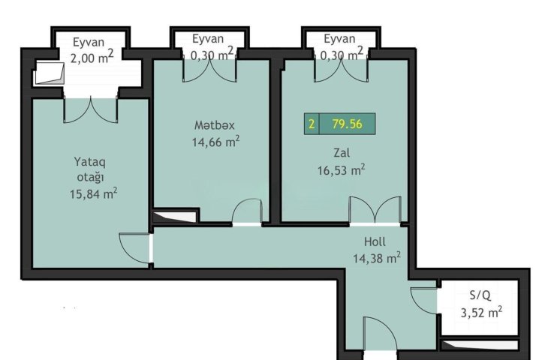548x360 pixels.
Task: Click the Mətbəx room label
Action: [214, 125]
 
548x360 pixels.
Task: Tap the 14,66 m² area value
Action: [215, 142]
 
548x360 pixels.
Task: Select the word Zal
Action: [342, 152]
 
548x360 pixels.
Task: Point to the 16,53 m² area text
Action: [342, 170]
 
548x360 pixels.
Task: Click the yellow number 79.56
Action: [347, 124]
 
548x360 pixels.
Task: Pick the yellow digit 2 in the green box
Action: [312, 124]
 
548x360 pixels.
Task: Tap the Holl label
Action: [375, 241]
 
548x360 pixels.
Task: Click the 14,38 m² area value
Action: [377, 258]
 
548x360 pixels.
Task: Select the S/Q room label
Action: [480, 295]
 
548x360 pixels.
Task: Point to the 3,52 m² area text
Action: [482, 312]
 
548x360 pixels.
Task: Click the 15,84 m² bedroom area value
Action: [93, 193]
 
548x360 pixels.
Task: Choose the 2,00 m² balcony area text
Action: [92, 57]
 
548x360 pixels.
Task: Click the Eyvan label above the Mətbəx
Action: [208, 39]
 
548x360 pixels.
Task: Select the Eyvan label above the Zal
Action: [339, 39]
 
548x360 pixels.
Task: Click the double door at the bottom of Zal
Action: [375, 209]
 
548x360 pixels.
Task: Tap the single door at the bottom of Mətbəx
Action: [248, 211]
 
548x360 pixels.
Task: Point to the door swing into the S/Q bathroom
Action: [424, 300]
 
